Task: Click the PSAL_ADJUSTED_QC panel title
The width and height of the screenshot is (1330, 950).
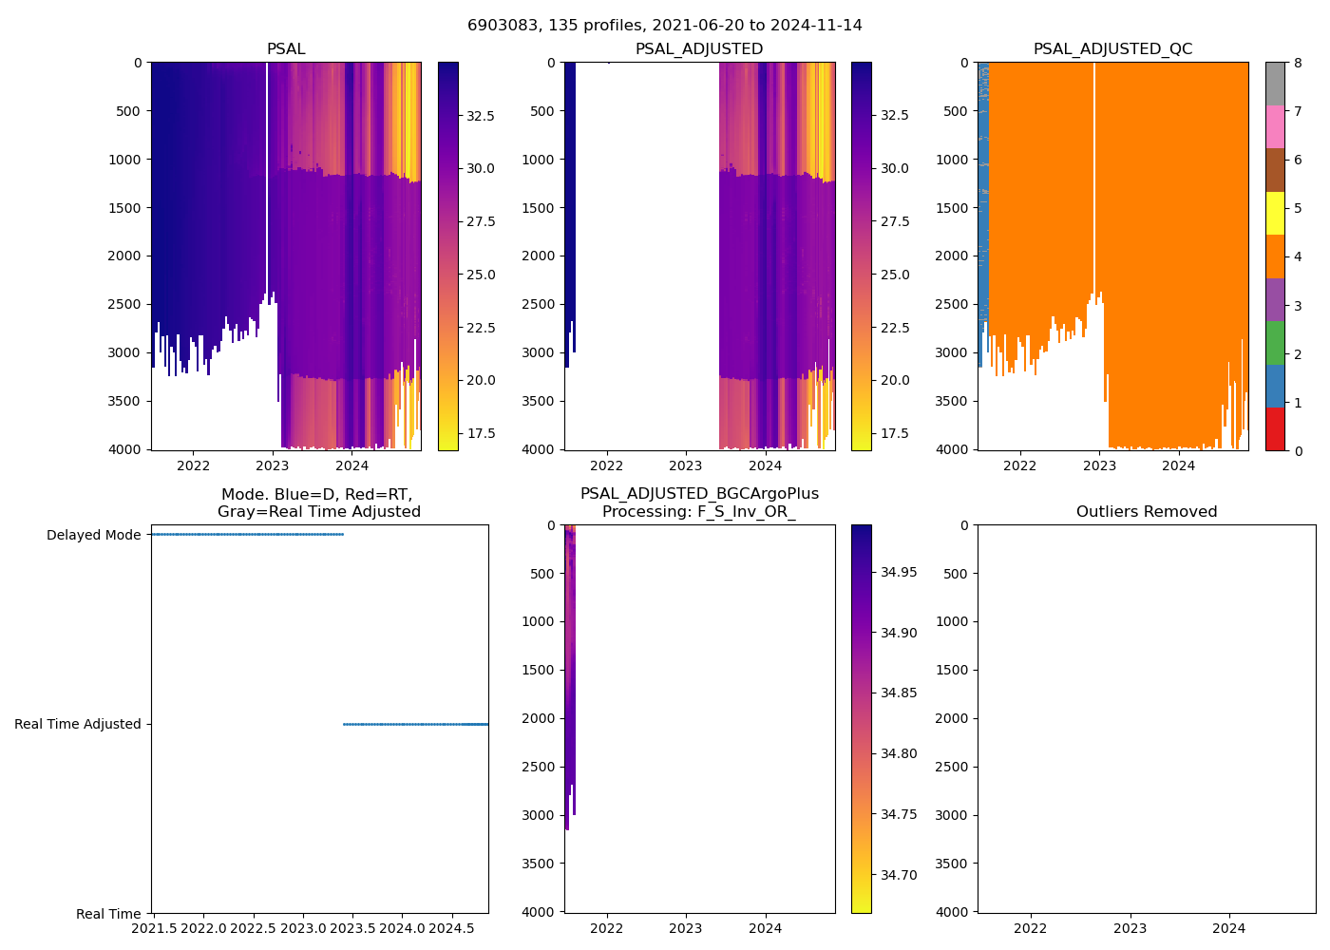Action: point(1112,49)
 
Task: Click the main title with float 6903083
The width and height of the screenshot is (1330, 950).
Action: point(665,26)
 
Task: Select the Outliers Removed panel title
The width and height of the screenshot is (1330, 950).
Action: point(1146,512)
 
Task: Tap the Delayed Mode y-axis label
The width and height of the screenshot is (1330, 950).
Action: point(93,535)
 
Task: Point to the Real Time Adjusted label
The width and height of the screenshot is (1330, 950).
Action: point(77,724)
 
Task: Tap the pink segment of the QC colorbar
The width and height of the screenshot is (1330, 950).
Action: point(1275,126)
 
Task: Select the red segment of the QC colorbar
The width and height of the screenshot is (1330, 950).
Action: point(1275,428)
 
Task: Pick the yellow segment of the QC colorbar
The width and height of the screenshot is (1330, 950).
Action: point(1275,213)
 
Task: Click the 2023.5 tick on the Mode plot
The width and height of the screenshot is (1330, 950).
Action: point(352,927)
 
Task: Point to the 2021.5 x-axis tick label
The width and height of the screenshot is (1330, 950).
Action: point(153,927)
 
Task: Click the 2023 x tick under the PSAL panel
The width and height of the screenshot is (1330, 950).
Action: point(273,465)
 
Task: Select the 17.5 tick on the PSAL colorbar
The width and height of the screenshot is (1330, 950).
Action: point(480,433)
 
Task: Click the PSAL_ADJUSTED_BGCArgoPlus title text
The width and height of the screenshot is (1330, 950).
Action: point(699,494)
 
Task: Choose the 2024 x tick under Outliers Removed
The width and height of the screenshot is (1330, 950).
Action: point(1228,927)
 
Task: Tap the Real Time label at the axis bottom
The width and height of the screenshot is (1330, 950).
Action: point(108,914)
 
